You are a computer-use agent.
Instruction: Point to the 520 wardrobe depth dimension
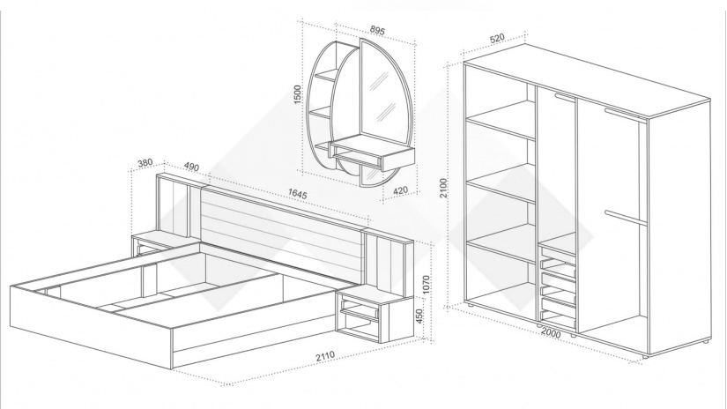[495, 39]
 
